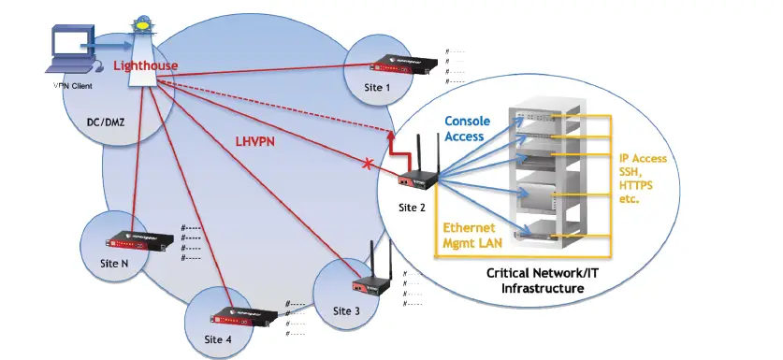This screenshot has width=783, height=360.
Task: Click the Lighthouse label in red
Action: click(144, 66)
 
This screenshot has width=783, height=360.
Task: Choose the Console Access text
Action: click(464, 129)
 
